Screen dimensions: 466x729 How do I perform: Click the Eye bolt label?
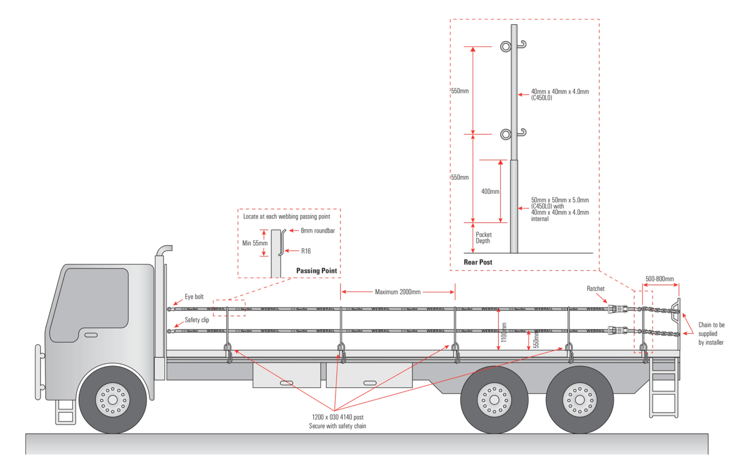pyautogui.click(x=194, y=297)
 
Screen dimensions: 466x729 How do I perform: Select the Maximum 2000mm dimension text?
pyautogui.click(x=398, y=292)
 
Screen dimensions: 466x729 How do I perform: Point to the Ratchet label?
pyautogui.click(x=596, y=288)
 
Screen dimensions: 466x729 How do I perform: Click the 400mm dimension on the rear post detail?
pyautogui.click(x=490, y=191)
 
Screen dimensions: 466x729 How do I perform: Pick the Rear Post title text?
pyautogui.click(x=478, y=262)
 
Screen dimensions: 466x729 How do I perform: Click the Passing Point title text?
pyautogui.click(x=317, y=271)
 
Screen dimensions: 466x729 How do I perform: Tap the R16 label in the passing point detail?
pyautogui.click(x=306, y=251)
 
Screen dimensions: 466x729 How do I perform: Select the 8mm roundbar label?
pyautogui.click(x=318, y=231)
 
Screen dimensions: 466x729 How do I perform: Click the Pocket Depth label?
pyautogui.click(x=484, y=238)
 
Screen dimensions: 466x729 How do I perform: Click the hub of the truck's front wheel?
pyautogui.click(x=112, y=398)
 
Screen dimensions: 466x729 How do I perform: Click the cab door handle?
pyautogui.click(x=91, y=335)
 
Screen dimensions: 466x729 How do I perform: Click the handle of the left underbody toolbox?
pyautogui.click(x=286, y=383)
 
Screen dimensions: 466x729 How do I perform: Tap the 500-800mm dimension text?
pyautogui.click(x=659, y=279)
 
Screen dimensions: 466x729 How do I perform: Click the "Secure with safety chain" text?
pyautogui.click(x=337, y=426)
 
